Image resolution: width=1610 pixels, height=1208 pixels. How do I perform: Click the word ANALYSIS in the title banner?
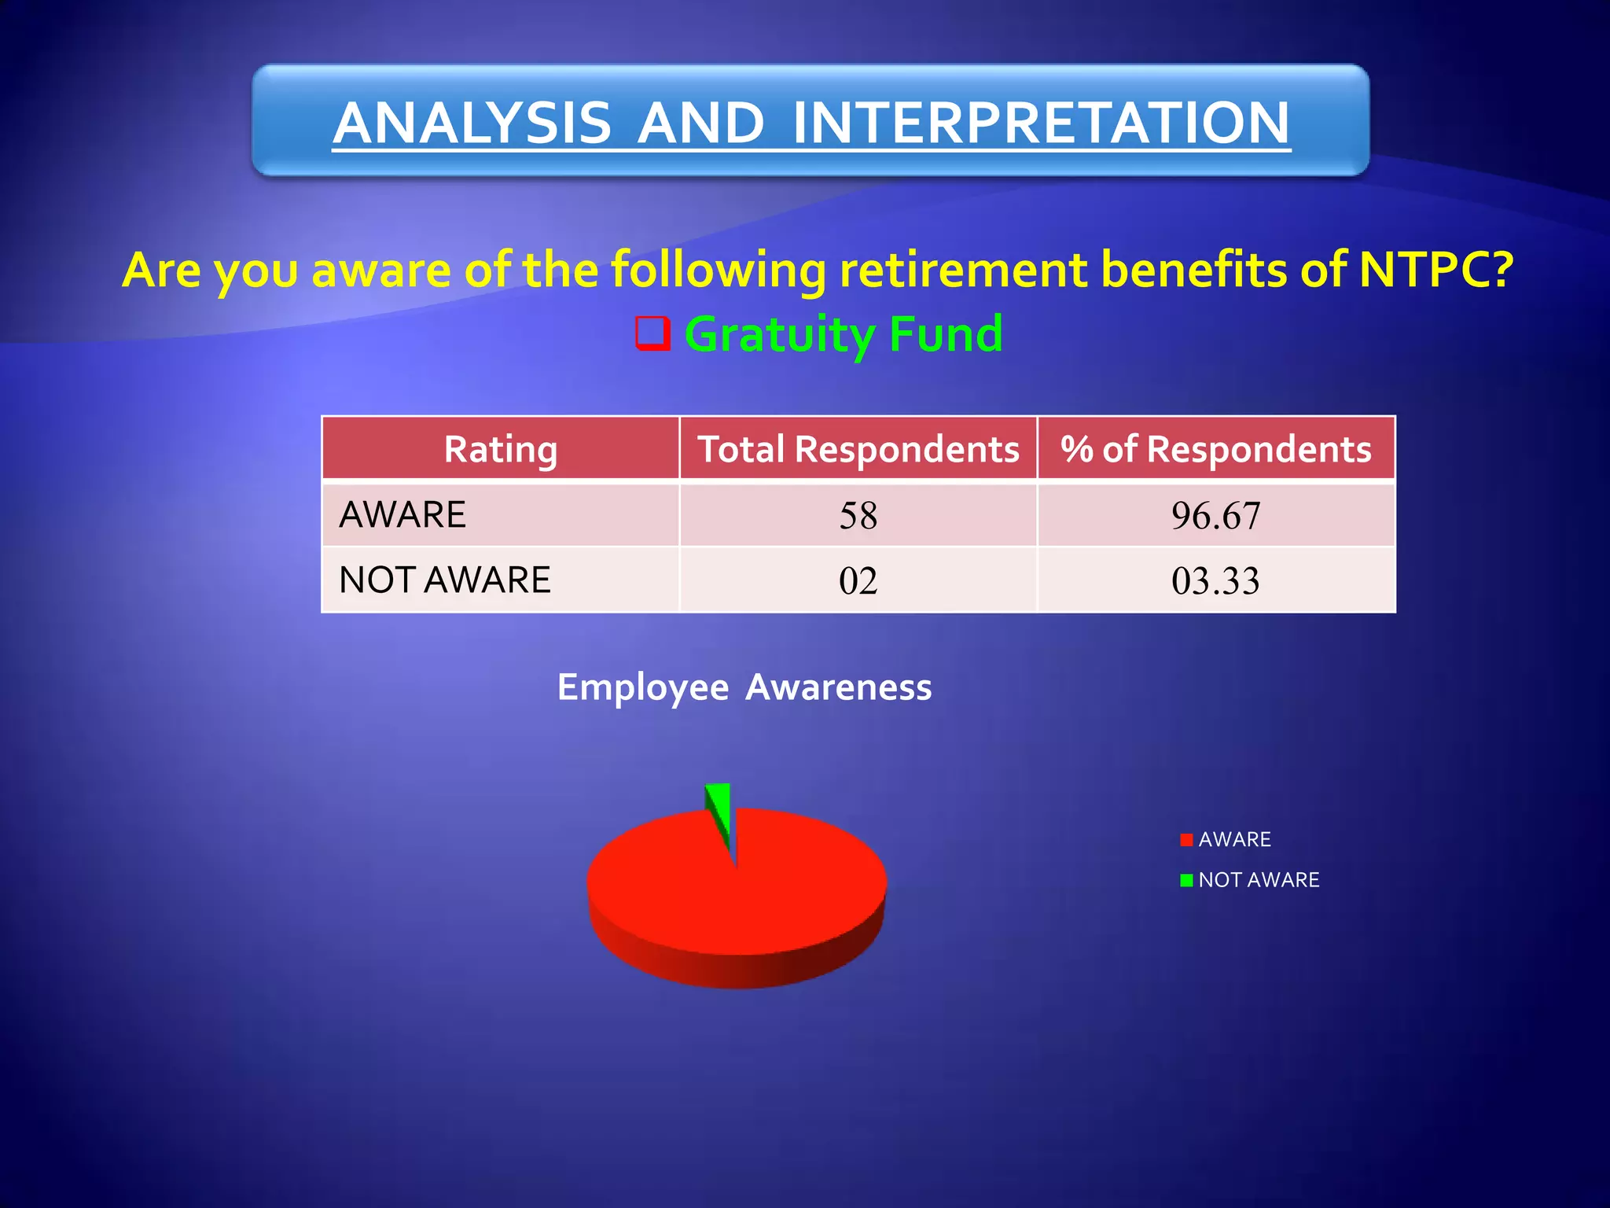coord(472,123)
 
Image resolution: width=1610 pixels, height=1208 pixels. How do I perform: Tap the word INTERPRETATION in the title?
coord(1041,123)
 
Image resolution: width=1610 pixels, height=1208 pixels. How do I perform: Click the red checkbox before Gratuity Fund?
coord(652,333)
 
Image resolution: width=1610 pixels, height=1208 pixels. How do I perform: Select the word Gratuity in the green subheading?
coord(778,333)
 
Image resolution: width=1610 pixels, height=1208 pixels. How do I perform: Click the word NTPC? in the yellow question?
coord(1435,270)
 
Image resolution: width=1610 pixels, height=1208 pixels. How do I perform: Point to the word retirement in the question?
coord(962,270)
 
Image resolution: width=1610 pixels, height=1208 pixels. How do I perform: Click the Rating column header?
coord(501,448)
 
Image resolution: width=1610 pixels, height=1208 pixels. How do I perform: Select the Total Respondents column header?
coord(858,448)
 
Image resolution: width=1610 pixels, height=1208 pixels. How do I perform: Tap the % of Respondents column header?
coord(1215,448)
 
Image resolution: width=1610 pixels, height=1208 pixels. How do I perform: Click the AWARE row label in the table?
coord(402,515)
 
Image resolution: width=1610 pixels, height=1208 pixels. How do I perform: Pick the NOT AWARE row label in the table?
coord(445,580)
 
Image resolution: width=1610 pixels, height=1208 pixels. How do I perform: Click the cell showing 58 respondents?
coord(858,516)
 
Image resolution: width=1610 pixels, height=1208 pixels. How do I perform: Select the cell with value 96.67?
coord(1215,516)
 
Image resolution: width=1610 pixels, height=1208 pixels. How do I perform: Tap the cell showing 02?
coord(858,581)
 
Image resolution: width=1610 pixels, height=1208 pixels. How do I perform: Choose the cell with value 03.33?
coord(1215,581)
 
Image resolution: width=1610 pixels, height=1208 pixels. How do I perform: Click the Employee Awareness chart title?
coord(744,687)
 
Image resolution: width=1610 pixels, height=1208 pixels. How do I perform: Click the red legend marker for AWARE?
coord(1186,840)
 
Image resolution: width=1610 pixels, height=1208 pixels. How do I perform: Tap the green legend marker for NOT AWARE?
coord(1186,880)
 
